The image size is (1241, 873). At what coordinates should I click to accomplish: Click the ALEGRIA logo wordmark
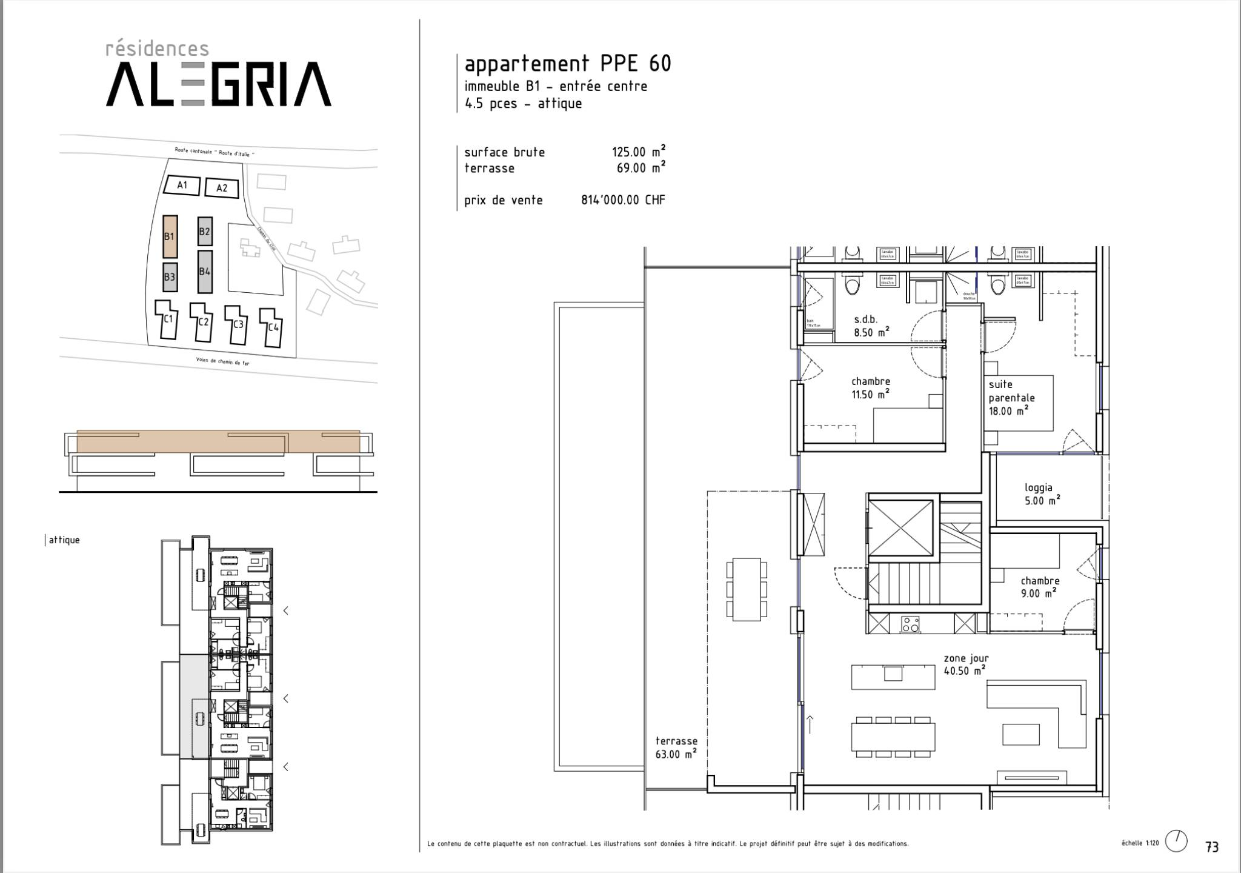[219, 84]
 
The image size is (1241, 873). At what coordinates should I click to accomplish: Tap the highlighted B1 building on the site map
[170, 236]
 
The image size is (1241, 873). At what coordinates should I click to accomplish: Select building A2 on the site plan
[221, 188]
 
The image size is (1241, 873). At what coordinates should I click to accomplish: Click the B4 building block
[205, 272]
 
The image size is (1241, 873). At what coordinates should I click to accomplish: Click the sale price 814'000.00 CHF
[623, 200]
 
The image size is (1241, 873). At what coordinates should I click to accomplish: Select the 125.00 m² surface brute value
[639, 152]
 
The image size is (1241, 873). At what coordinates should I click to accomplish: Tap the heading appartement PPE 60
[568, 64]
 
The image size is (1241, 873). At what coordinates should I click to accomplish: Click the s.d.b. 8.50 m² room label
[871, 326]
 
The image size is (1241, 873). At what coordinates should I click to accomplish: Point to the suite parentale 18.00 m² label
[1011, 398]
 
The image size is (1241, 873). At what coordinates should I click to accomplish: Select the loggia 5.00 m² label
[1042, 494]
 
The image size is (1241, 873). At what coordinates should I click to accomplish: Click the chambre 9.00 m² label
[1039, 587]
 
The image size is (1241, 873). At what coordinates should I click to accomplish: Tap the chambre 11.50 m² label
[871, 388]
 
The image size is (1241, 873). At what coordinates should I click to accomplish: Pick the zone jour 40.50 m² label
[965, 664]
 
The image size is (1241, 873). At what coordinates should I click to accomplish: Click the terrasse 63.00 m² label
[676, 748]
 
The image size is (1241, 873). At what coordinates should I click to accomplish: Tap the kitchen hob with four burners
[910, 624]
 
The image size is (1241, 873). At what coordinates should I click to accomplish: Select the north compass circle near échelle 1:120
[1176, 841]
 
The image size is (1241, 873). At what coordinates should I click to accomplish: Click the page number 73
[1212, 847]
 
